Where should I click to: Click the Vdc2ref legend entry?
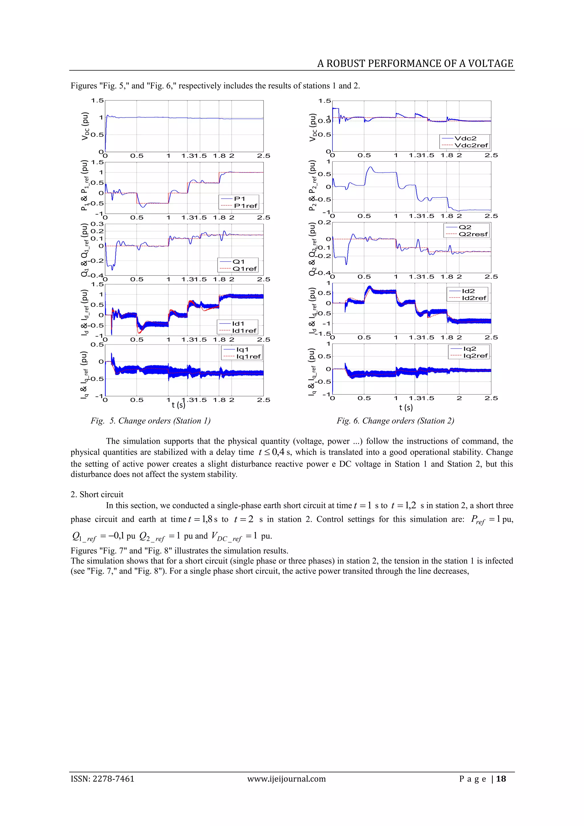click(x=471, y=145)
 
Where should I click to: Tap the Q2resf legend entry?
click(x=473, y=234)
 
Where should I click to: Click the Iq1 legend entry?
click(x=242, y=349)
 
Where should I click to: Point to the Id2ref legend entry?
click(x=474, y=298)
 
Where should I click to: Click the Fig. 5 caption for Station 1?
click(x=150, y=421)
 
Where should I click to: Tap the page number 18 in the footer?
click(x=501, y=779)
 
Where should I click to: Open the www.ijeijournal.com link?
click(x=286, y=779)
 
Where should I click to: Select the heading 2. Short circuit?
click(x=97, y=494)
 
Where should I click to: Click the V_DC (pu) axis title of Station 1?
click(x=85, y=126)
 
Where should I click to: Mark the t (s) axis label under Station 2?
click(x=405, y=407)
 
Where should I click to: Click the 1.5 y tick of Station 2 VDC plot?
click(x=324, y=101)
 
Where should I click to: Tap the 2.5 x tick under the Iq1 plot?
click(x=263, y=400)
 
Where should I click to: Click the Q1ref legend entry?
click(x=244, y=269)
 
